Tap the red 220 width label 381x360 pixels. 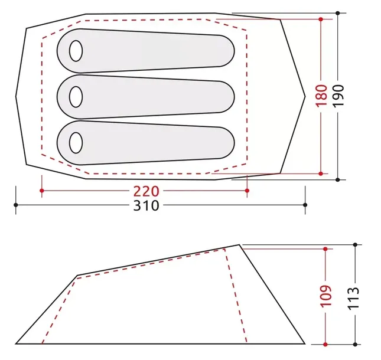point(145,191)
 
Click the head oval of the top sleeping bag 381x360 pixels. point(76,51)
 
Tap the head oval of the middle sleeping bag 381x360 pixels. point(76,95)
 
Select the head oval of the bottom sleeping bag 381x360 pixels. point(76,142)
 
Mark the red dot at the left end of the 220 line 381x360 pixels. point(42,191)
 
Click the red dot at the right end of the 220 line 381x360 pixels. point(247,191)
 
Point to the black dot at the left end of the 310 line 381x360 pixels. point(16,205)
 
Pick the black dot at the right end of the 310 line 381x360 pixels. point(305,205)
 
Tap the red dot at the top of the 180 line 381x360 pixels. point(321,19)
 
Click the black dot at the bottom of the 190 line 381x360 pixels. point(337,179)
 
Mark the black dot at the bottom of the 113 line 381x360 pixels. point(354,344)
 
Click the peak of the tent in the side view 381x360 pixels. point(240,244)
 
